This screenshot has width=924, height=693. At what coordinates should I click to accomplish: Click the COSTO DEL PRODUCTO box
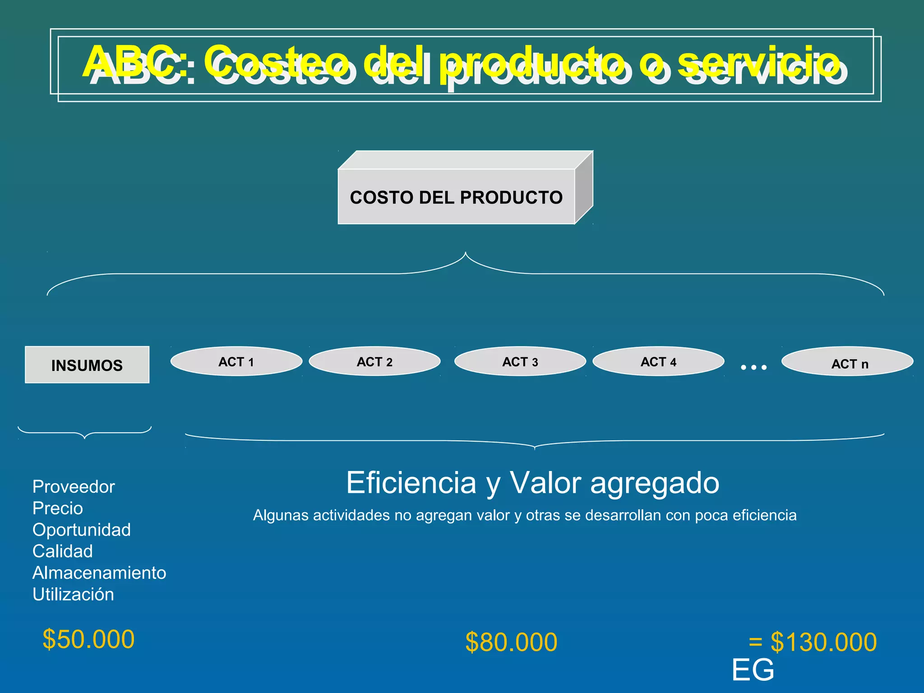pyautogui.click(x=456, y=197)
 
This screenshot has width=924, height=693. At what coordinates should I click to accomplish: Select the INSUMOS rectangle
pyautogui.click(x=87, y=365)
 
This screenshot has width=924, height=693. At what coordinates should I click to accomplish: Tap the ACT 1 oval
pyautogui.click(x=236, y=361)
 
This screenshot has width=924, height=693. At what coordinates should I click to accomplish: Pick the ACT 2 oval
pyautogui.click(x=374, y=361)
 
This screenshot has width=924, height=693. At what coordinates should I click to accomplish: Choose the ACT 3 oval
pyautogui.click(x=520, y=361)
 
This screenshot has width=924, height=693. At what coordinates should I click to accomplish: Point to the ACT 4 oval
pyautogui.click(x=658, y=361)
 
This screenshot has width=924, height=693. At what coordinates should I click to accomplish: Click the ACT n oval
pyautogui.click(x=847, y=362)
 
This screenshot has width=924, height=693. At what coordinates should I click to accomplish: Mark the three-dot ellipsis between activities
pyautogui.click(x=753, y=367)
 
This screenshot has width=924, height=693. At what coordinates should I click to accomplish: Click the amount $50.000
pyautogui.click(x=88, y=639)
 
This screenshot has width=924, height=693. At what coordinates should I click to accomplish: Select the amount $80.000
pyautogui.click(x=511, y=642)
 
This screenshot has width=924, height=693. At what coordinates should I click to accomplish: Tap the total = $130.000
pyautogui.click(x=812, y=642)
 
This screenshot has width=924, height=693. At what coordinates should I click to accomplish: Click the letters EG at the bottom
pyautogui.click(x=753, y=670)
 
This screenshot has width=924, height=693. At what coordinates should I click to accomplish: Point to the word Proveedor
pyautogui.click(x=74, y=487)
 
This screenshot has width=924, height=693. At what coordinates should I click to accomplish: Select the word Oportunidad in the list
pyautogui.click(x=82, y=530)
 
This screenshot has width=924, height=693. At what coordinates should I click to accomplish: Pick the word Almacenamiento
pyautogui.click(x=99, y=573)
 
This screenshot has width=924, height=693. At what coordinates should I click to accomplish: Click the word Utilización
pyautogui.click(x=73, y=595)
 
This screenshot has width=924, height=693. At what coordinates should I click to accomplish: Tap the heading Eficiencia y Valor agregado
pyautogui.click(x=532, y=483)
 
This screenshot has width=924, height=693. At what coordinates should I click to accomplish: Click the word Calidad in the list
pyautogui.click(x=63, y=551)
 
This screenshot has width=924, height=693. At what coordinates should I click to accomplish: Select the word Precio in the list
pyautogui.click(x=58, y=508)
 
